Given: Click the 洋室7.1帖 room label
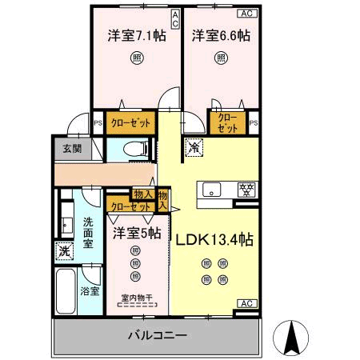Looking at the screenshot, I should click(137, 36).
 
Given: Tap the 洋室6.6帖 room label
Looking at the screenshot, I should click(220, 36).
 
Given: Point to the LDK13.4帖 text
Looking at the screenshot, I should click(214, 239).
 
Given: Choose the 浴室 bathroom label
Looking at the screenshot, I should click(90, 291).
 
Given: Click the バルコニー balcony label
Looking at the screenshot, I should click(157, 334).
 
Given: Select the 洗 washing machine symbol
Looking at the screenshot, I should click(65, 251).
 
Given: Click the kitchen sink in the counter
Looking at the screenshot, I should click(212, 190).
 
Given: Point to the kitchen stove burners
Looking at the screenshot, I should click(248, 190).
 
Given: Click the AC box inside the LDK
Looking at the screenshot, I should click(247, 304).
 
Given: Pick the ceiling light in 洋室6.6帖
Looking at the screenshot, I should click(220, 58).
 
